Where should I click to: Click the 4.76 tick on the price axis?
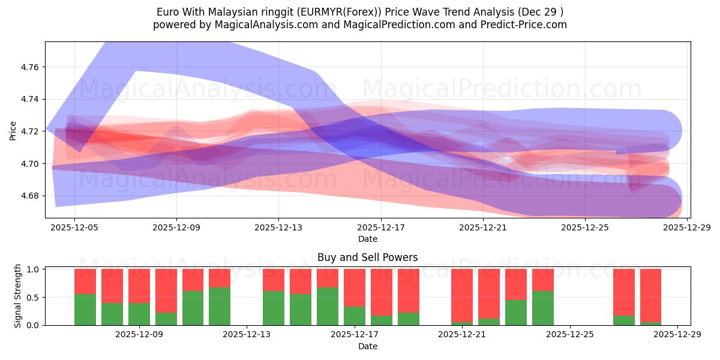pos(29,67)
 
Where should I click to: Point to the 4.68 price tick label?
pos(29,196)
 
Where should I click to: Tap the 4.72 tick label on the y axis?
pos(29,131)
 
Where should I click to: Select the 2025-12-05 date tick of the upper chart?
pos(74,228)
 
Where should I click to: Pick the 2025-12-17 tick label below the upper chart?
pos(380,228)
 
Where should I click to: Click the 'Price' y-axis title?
pos(13,130)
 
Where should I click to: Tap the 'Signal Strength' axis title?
pos(18,296)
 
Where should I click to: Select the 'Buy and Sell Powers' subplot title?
pos(367,257)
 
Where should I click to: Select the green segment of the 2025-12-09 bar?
pos(139,314)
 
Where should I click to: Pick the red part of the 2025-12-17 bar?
pos(355,287)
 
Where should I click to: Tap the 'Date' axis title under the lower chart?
pos(367,346)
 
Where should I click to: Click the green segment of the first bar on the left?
pos(85,310)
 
